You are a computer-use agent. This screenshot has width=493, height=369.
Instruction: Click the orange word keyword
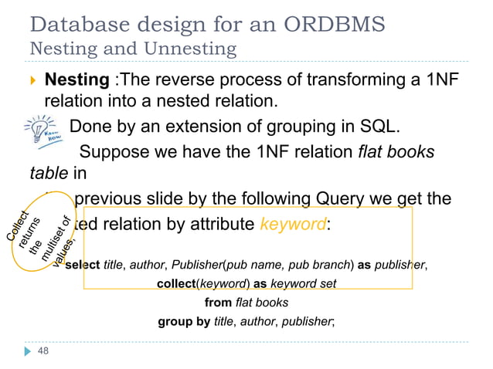pos(293,225)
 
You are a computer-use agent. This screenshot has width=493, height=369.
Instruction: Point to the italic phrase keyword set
pos(307,283)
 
